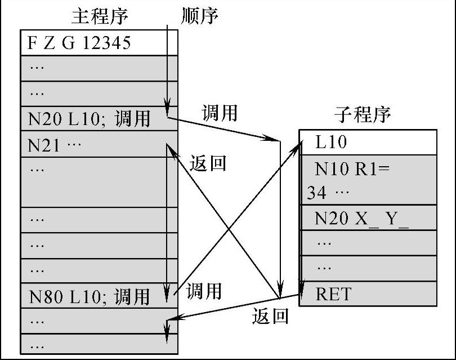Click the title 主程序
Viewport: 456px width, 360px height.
(100, 16)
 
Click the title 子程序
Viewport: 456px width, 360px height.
(362, 114)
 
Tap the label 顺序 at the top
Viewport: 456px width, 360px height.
(200, 16)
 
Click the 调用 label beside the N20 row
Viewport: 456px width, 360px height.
(219, 113)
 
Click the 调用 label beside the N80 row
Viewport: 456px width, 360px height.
(204, 291)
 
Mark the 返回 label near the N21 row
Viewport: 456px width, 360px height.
(208, 163)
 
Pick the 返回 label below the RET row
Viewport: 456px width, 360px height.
(270, 316)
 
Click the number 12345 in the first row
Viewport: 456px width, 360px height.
(107, 43)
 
